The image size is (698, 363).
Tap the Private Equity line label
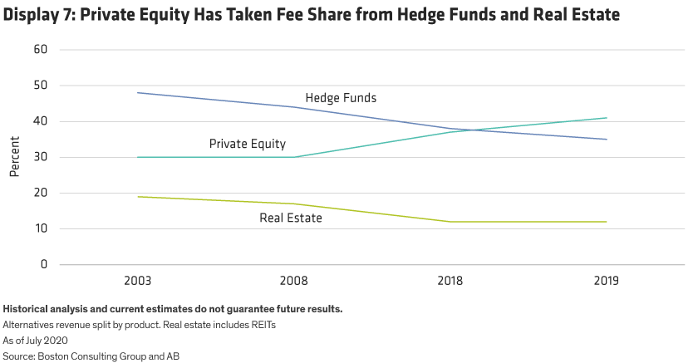(x=247, y=144)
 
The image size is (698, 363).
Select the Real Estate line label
(x=291, y=218)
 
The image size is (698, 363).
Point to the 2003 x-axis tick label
(x=137, y=282)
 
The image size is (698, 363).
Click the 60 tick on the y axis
(x=39, y=50)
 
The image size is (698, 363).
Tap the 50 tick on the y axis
(x=39, y=86)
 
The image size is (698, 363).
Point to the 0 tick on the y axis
(x=43, y=265)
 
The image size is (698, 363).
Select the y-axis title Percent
(x=14, y=158)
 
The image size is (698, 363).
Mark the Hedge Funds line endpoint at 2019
(x=607, y=140)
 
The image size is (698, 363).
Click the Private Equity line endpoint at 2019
(x=607, y=118)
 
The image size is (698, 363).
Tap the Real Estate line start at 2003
(x=137, y=197)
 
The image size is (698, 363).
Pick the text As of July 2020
(x=34, y=340)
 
